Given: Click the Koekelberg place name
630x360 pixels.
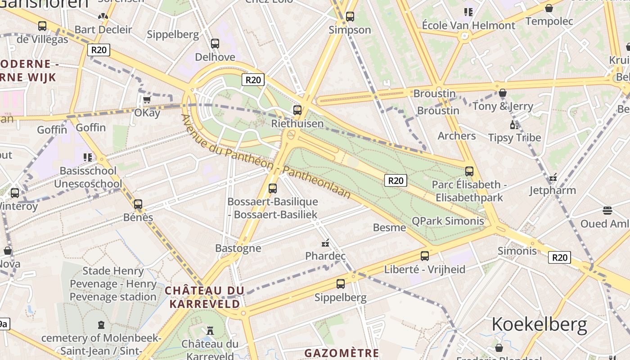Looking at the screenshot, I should point(539,324).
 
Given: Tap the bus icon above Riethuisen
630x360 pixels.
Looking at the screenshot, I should point(297,110).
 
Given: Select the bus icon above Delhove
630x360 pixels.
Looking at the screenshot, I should point(215,44).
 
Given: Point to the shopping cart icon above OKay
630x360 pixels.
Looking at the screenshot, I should point(147,99).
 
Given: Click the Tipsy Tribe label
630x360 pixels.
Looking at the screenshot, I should point(515,138).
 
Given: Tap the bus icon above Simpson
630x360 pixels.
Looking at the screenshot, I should point(350,17).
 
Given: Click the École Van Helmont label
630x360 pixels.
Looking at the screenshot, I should point(468,25).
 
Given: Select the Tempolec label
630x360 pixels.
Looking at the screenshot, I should point(549,21).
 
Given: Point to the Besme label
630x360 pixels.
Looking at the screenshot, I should point(389,227).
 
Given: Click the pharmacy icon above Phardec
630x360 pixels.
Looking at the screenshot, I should point(325,243).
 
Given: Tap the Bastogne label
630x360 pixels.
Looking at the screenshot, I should point(238,248).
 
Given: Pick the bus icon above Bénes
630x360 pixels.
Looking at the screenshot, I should point(138,204).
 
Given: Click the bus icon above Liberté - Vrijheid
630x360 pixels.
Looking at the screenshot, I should point(424,256).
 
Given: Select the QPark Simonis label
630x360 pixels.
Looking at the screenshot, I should point(448,221).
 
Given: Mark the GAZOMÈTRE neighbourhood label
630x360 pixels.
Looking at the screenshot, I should point(342,353).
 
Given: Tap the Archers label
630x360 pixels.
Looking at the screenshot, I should point(457,135).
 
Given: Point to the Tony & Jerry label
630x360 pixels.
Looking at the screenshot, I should point(503,106).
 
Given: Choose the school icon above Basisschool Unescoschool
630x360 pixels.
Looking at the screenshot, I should point(88,157).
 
